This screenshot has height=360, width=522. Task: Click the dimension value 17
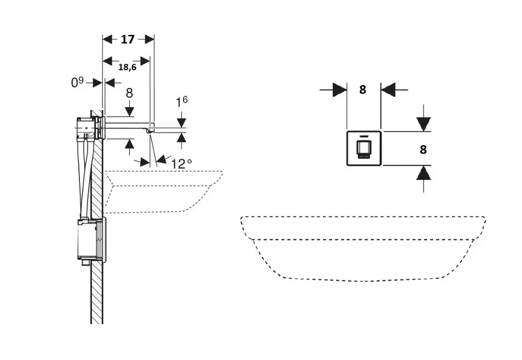coord(127,39)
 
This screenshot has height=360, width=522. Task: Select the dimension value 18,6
coord(127,67)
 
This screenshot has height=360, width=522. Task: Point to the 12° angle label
coord(181,163)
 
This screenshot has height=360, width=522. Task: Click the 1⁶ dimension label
coord(182,102)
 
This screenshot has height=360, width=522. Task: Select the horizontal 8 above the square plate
coord(362,89)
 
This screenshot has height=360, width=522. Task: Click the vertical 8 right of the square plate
coord(423,149)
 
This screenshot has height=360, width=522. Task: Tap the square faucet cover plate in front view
coord(364,149)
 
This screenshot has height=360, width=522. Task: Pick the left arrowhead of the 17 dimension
coord(107,39)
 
